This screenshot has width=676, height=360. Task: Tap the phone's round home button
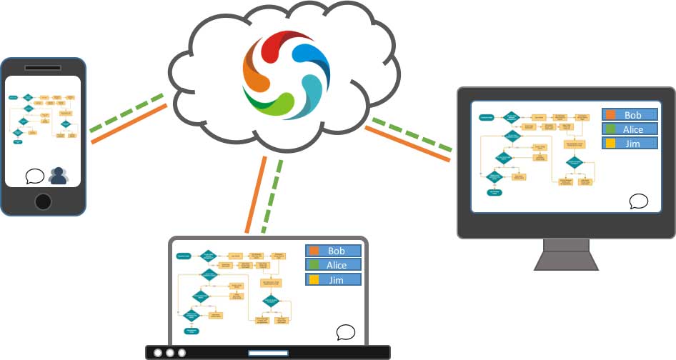[x=43, y=201]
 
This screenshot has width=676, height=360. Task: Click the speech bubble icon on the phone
[x=34, y=175]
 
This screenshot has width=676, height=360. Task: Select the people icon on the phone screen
[x=58, y=176]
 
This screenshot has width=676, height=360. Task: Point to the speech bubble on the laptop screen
[x=346, y=332]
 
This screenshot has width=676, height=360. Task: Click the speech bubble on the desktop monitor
[x=638, y=201]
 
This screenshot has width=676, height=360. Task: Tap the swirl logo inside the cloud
[x=286, y=74]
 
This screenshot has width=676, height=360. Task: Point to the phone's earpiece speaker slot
[x=43, y=68]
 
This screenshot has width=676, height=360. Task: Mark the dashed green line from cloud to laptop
[x=272, y=196]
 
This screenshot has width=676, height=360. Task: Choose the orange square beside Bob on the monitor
[x=611, y=115]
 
